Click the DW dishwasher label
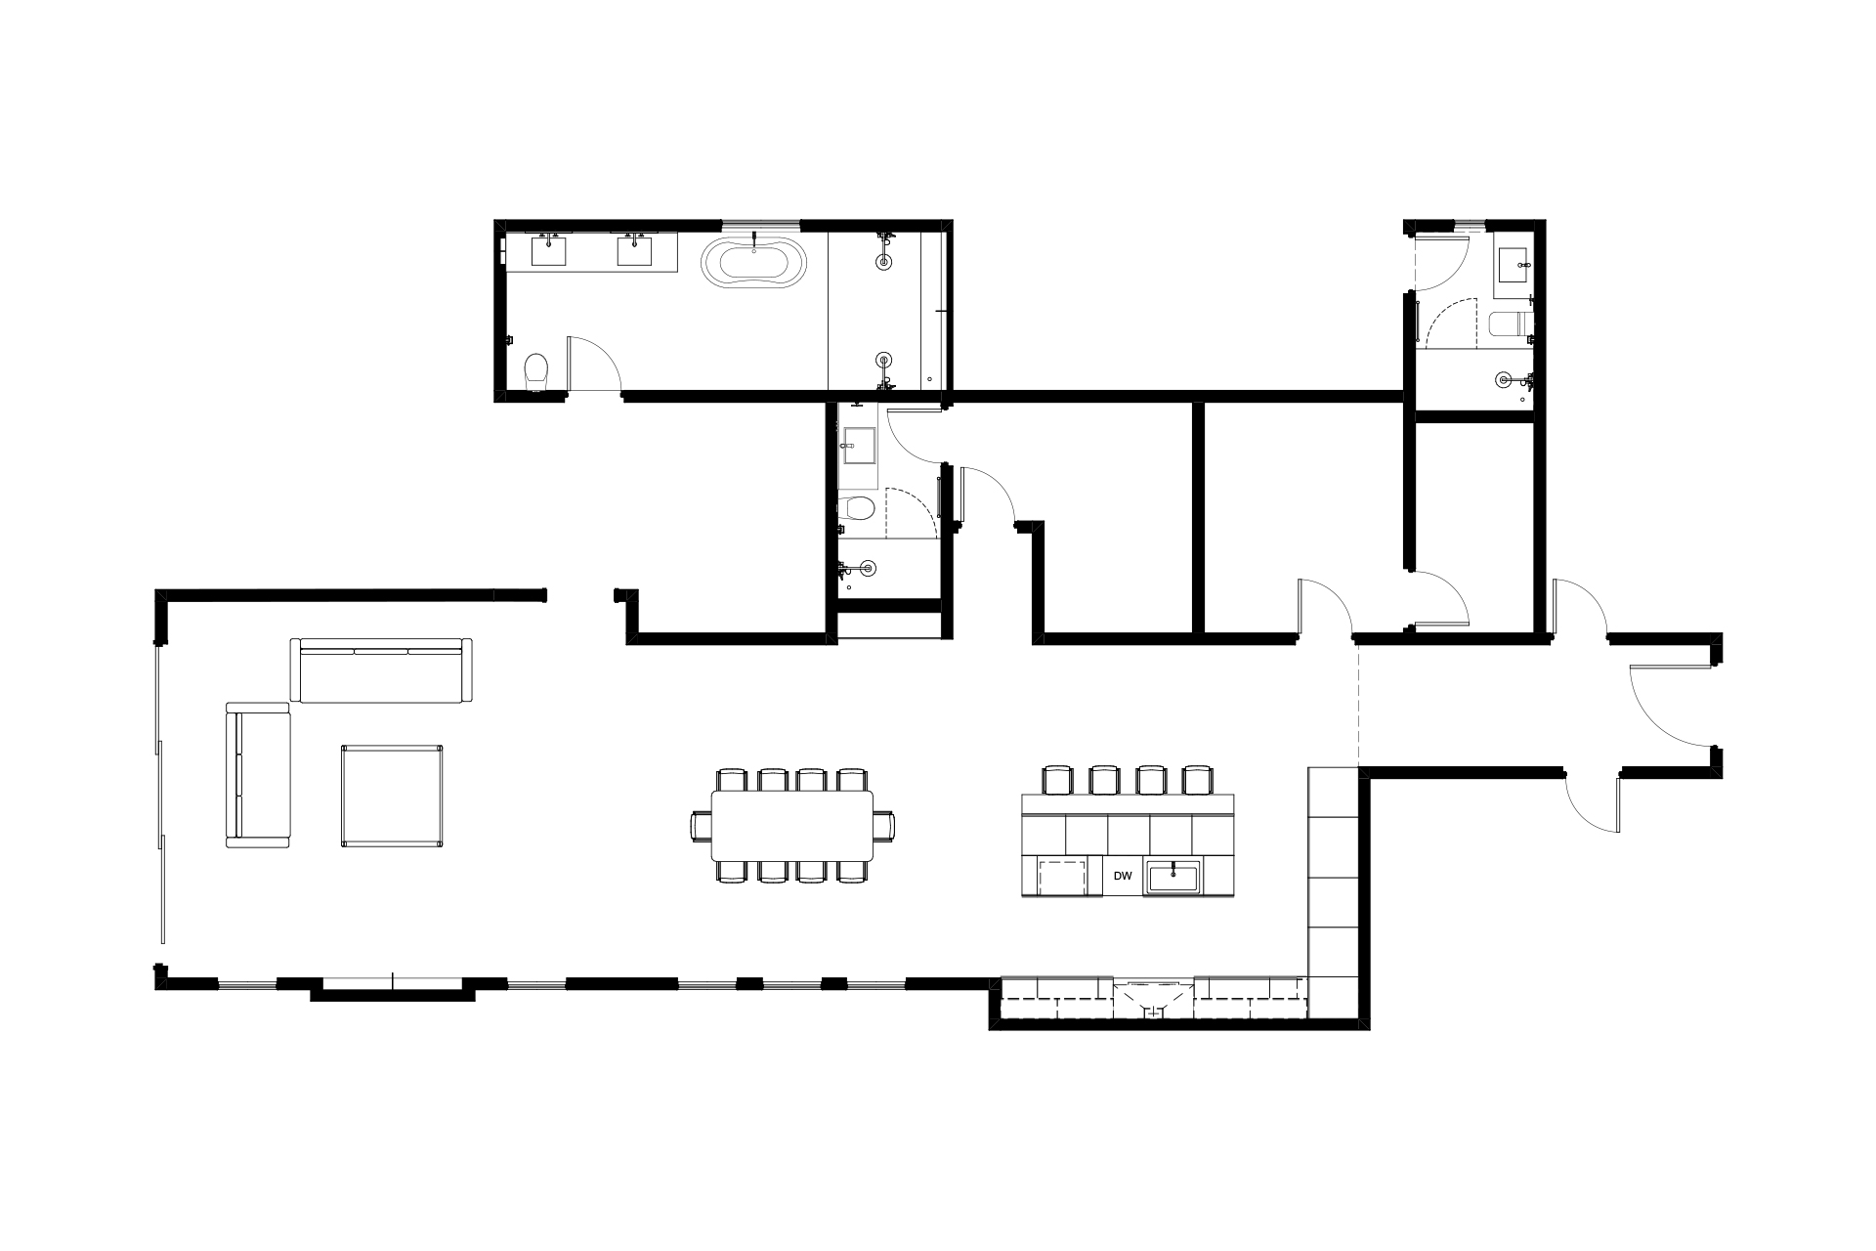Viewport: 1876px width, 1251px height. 1123,876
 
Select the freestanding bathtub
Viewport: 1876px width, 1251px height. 753,263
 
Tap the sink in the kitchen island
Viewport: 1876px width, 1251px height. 1172,877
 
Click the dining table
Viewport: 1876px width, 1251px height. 792,825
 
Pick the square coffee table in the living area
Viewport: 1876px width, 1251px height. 392,796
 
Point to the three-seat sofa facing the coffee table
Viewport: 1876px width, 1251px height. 381,670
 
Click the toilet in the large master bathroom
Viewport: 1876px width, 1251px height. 536,372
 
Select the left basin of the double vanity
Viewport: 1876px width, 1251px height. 549,251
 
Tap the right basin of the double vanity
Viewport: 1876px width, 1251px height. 635,251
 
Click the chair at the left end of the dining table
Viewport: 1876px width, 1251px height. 702,826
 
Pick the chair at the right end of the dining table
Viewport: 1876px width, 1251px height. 883,826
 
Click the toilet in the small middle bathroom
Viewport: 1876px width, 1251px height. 855,508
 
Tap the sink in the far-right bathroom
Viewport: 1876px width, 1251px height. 1514,259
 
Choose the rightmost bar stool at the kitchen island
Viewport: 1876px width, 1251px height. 1197,781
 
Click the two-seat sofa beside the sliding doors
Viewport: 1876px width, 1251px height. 259,774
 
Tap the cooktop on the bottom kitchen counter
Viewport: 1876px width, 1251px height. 1155,998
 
